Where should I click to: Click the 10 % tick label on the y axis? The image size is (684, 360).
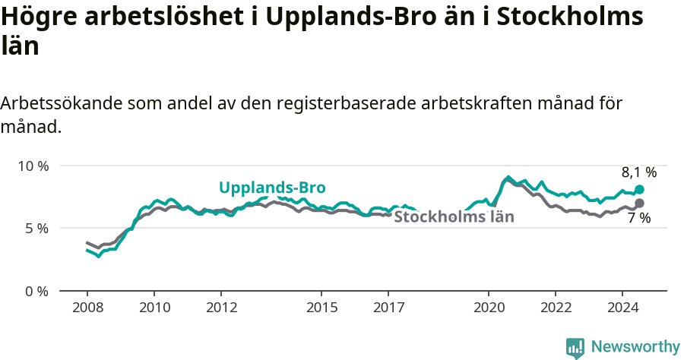32,166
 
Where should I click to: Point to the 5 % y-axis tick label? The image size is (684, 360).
36,229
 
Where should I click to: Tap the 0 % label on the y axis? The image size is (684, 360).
36,291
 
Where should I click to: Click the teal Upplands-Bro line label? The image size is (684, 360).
272,188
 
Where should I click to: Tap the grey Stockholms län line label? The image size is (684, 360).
454,217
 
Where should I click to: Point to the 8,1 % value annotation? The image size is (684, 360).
638,172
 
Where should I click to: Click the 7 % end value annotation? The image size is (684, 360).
638,218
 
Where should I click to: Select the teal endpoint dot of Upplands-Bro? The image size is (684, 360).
639,189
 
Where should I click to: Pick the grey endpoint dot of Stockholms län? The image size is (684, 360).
639,203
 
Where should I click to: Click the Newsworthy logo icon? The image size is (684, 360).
575,347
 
